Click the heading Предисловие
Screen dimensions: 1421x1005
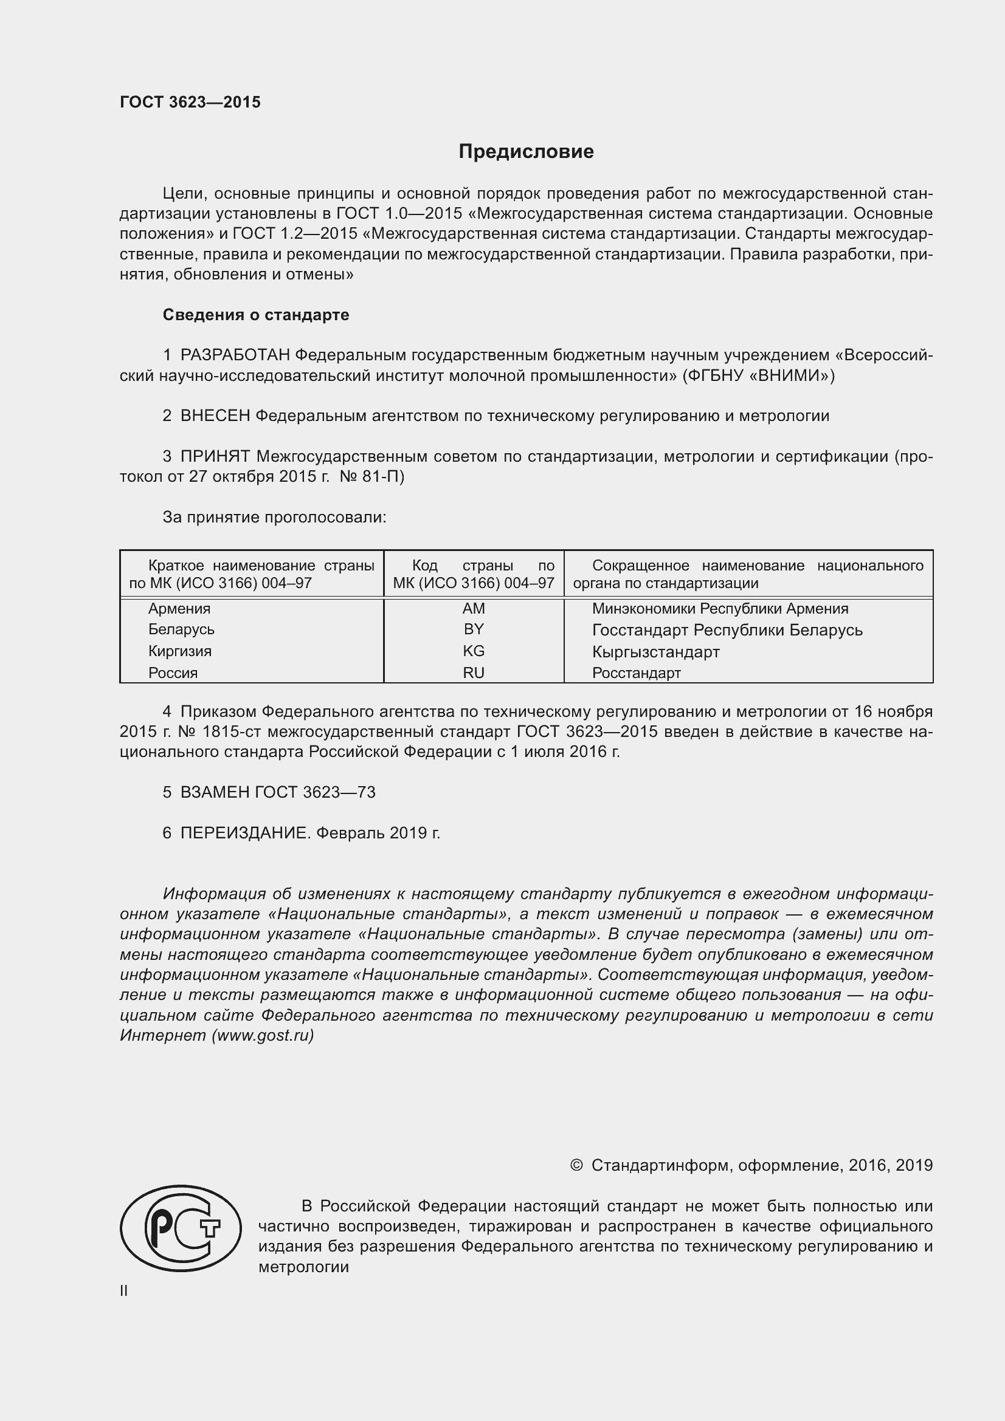click(526, 152)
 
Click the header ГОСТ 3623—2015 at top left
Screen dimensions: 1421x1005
click(190, 102)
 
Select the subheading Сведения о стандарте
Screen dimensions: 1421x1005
click(256, 315)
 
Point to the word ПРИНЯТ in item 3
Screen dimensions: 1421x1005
click(215, 457)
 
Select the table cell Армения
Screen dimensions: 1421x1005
click(179, 608)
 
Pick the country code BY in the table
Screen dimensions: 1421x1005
click(474, 629)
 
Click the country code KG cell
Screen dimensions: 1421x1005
click(474, 651)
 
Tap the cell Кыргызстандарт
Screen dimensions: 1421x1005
click(655, 652)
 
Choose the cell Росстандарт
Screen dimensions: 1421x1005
click(636, 673)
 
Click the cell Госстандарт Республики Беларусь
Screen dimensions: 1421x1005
click(727, 630)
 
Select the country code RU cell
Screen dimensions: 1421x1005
click(474, 673)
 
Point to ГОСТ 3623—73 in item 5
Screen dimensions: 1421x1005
click(314, 792)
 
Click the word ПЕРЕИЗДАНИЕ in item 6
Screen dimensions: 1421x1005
click(244, 833)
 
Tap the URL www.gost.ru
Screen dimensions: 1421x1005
click(263, 1035)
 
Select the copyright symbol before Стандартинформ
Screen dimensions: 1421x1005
click(576, 1165)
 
